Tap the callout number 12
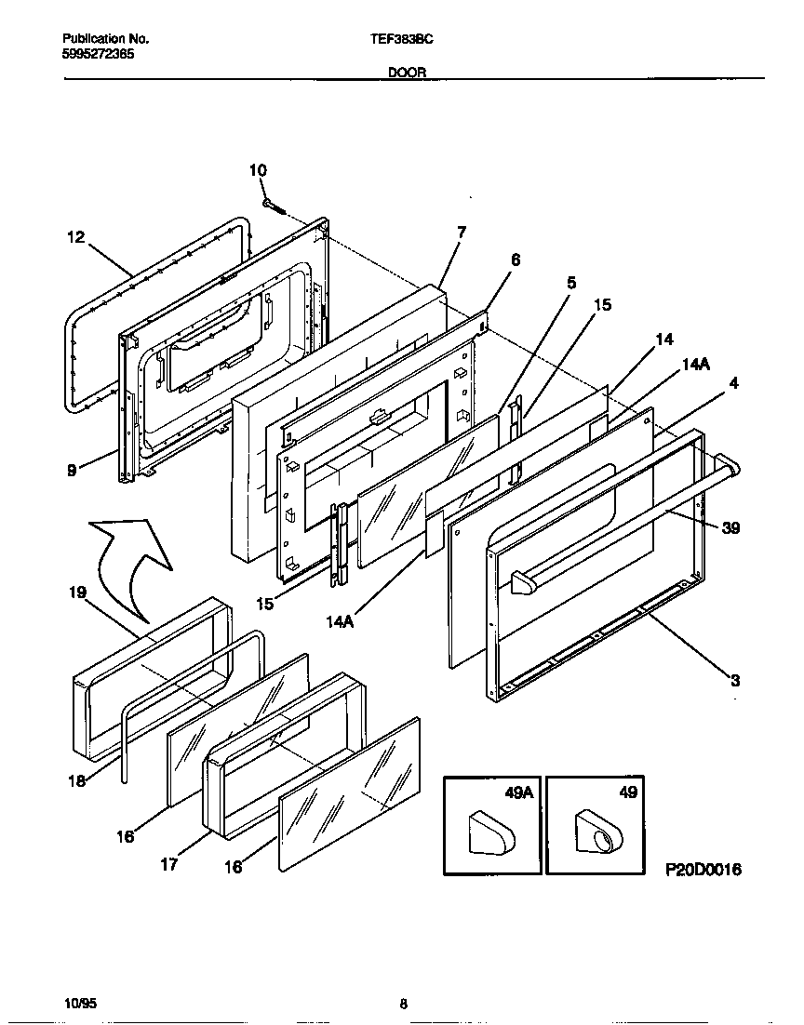click(x=75, y=237)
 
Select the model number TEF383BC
click(x=402, y=40)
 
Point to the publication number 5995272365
click(x=98, y=54)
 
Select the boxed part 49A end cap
click(x=490, y=829)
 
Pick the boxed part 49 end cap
click(x=593, y=829)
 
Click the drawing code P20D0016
click(x=703, y=870)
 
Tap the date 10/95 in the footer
click(x=81, y=1004)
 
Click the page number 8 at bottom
click(x=403, y=1004)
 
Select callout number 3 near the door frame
click(x=734, y=680)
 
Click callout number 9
click(x=72, y=471)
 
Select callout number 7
click(x=462, y=232)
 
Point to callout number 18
click(x=78, y=780)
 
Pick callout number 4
click(x=734, y=382)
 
